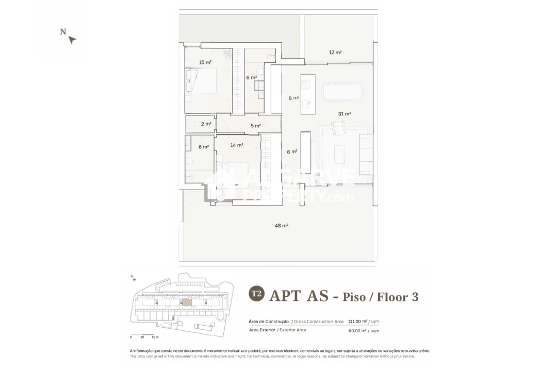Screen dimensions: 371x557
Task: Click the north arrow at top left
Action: tap(72, 39)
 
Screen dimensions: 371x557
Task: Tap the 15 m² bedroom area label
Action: tap(205, 62)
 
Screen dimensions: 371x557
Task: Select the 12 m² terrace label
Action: tap(335, 53)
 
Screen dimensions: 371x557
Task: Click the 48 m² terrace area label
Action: tap(281, 226)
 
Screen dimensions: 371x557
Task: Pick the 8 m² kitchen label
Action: tap(293, 98)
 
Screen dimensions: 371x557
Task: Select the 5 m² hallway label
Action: tap(255, 126)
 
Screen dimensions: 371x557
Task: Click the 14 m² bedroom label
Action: tap(237, 145)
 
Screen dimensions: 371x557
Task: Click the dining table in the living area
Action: tap(342, 92)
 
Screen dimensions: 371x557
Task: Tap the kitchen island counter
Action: tap(308, 95)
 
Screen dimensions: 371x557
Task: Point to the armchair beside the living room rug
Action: tap(339, 127)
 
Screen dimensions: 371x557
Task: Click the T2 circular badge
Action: tap(256, 294)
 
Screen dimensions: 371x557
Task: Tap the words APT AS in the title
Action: tap(299, 296)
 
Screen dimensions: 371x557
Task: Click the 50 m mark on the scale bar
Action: tap(155, 337)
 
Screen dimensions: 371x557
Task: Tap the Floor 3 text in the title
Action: tap(397, 296)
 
